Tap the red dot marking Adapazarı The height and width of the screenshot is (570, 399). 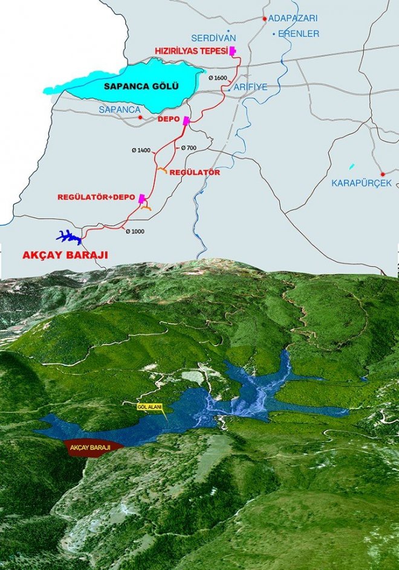(x=265, y=19)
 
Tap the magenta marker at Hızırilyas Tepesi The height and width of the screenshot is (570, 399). (x=232, y=51)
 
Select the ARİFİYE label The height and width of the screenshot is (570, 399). (x=250, y=87)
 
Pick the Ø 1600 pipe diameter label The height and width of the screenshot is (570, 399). (x=218, y=79)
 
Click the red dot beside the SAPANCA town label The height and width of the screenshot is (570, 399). (x=140, y=117)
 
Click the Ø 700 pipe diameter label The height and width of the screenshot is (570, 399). (x=189, y=147)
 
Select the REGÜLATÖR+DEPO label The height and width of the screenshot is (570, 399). (x=96, y=197)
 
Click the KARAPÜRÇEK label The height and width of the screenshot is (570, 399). (x=362, y=182)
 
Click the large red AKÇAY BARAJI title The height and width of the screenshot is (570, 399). (x=65, y=256)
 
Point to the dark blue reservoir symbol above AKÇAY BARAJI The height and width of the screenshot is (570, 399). (x=68, y=236)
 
